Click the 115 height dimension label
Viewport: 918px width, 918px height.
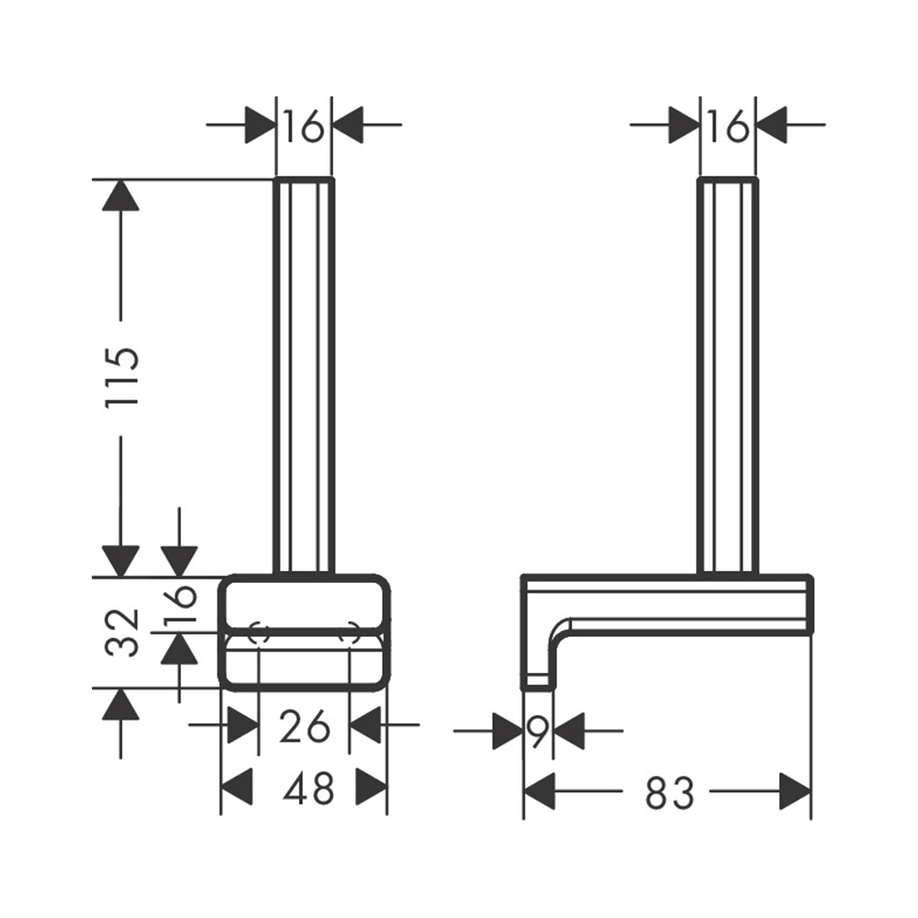pyautogui.click(x=122, y=377)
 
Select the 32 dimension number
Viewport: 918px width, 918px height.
pyautogui.click(x=122, y=633)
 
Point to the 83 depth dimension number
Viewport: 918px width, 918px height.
pyautogui.click(x=670, y=793)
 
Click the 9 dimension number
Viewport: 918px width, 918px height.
pyautogui.click(x=538, y=731)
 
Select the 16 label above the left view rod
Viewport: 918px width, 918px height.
pyautogui.click(x=303, y=126)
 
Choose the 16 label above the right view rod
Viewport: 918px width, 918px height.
pyautogui.click(x=728, y=126)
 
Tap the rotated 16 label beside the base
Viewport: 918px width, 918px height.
pyautogui.click(x=180, y=604)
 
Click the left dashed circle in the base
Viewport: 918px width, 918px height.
pyautogui.click(x=259, y=633)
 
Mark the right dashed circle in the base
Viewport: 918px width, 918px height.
pyautogui.click(x=349, y=633)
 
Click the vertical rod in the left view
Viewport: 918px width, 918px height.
pyautogui.click(x=304, y=375)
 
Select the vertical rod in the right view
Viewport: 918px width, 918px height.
pyautogui.click(x=728, y=375)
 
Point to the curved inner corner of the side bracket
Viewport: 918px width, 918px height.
pyautogui.click(x=560, y=629)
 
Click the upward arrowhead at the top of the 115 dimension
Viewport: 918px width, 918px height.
pyautogui.click(x=120, y=195)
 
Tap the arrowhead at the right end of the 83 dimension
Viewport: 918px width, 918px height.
pyautogui.click(x=796, y=791)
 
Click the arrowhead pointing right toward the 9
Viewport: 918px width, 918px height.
pyautogui.click(x=508, y=731)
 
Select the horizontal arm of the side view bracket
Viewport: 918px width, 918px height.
pyautogui.click(x=666, y=605)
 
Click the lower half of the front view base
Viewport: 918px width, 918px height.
pyautogui.click(x=305, y=662)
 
